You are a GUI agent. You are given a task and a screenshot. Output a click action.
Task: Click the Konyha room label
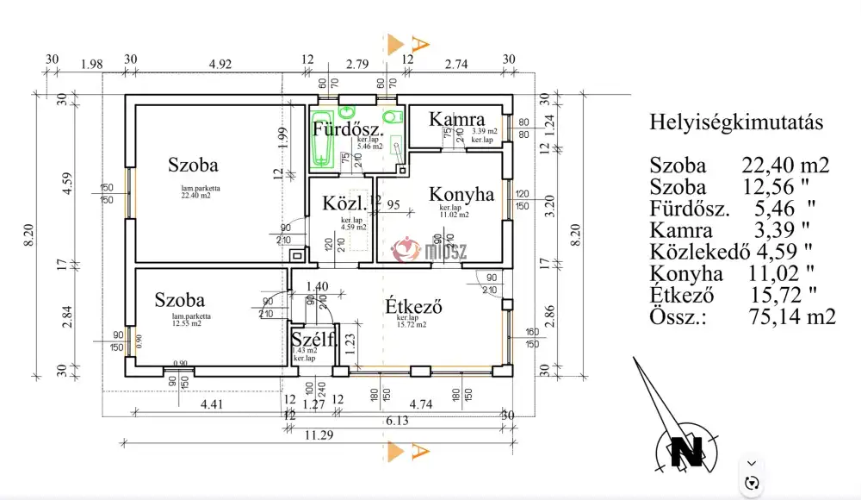461,195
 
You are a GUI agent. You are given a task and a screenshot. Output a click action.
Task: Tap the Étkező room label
413,306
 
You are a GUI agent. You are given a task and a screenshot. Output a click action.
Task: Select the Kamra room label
457,119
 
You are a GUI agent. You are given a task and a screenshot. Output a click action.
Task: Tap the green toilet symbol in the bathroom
391,117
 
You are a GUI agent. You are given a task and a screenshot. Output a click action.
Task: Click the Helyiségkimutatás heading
735,122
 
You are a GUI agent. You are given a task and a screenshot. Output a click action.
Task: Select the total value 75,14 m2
792,316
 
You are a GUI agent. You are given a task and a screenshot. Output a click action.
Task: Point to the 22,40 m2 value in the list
785,166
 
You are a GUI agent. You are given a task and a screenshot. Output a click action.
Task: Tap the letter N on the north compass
687,449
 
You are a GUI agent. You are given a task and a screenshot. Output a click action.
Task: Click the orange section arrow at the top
395,43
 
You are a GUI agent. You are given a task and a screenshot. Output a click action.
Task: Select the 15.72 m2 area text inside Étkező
412,324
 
